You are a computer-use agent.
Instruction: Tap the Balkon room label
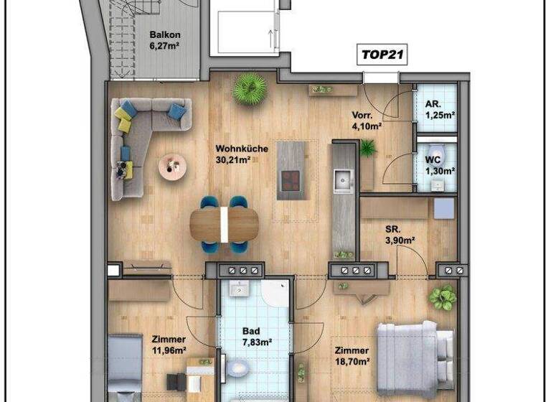tap(164, 34)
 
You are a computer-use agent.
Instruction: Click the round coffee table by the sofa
tap(171, 167)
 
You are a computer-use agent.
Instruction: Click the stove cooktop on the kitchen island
tap(290, 180)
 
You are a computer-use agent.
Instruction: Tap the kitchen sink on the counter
tap(343, 180)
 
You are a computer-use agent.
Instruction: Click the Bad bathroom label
tap(250, 332)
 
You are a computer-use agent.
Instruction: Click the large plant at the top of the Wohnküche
tap(250, 89)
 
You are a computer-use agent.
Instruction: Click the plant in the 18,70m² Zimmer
tap(443, 297)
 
